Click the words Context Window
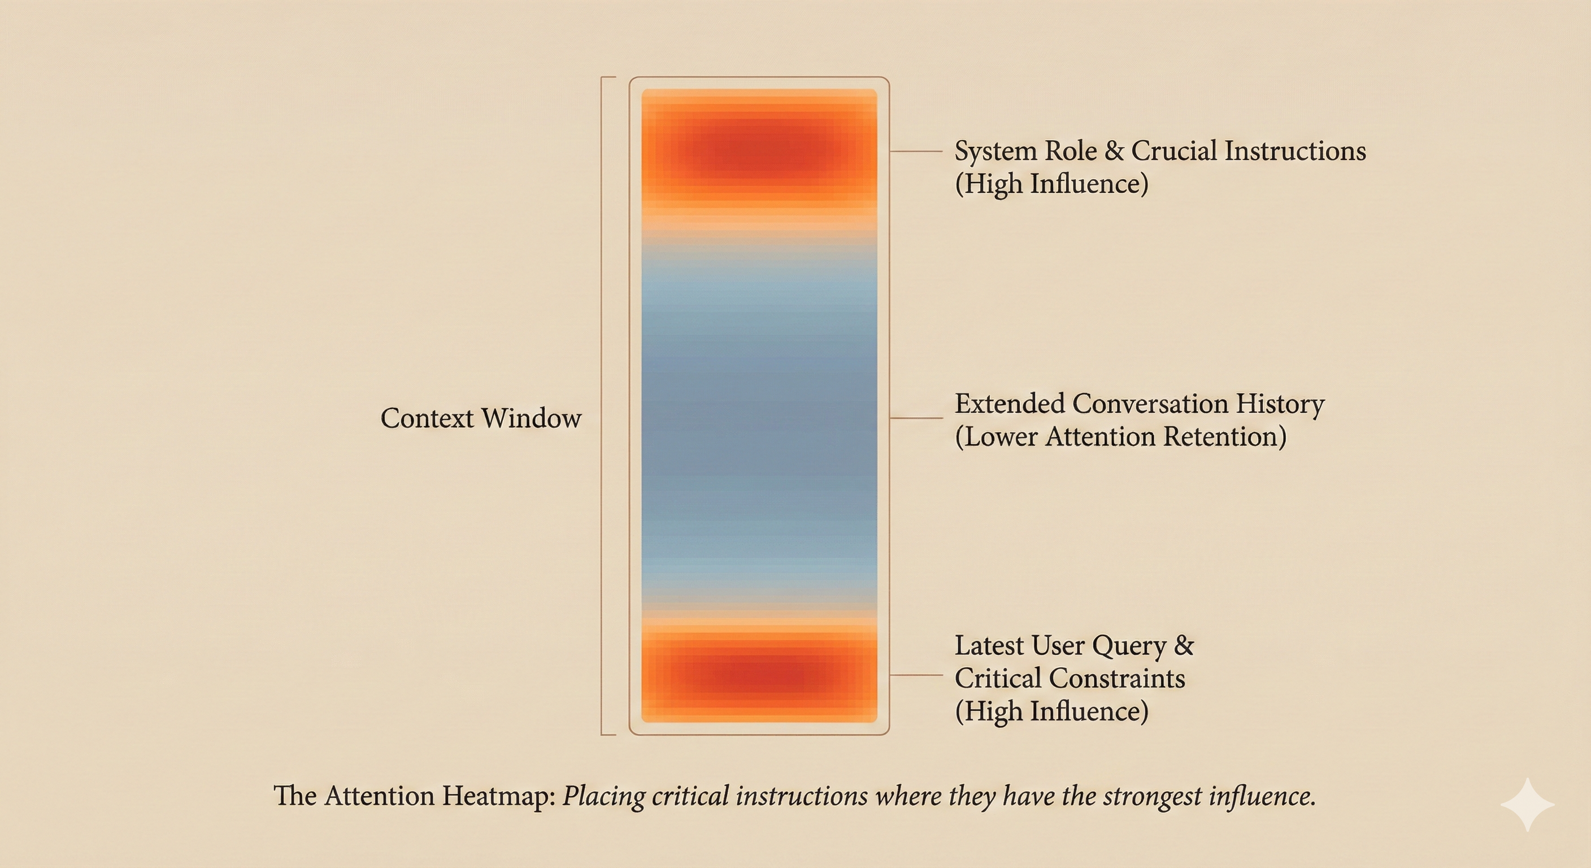click(x=480, y=418)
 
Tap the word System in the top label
click(x=995, y=151)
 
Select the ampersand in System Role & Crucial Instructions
click(x=1114, y=151)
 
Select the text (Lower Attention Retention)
click(x=1120, y=437)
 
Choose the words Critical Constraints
click(x=1070, y=678)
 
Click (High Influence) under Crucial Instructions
click(x=1051, y=184)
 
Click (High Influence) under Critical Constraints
click(x=1051, y=711)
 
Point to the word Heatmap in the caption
click(x=498, y=796)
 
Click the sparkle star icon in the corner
click(x=1527, y=805)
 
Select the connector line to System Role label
click(x=916, y=151)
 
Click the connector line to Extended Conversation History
click(x=916, y=418)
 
